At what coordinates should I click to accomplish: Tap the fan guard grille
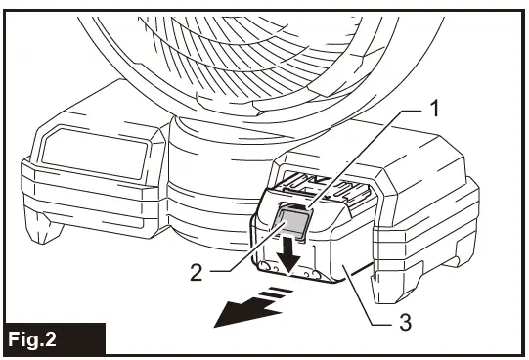point(244,49)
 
